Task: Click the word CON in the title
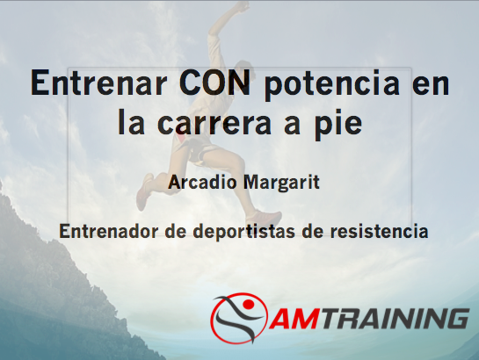[x=214, y=83]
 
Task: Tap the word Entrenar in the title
[x=98, y=83]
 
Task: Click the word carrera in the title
[x=214, y=123]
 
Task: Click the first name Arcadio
[x=202, y=182]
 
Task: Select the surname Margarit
[x=281, y=183]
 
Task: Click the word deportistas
[x=244, y=232]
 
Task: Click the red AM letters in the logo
[x=294, y=319]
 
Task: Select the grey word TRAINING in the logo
[x=393, y=319]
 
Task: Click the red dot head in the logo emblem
[x=247, y=304]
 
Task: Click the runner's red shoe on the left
[x=143, y=191]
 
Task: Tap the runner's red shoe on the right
[x=264, y=216]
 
